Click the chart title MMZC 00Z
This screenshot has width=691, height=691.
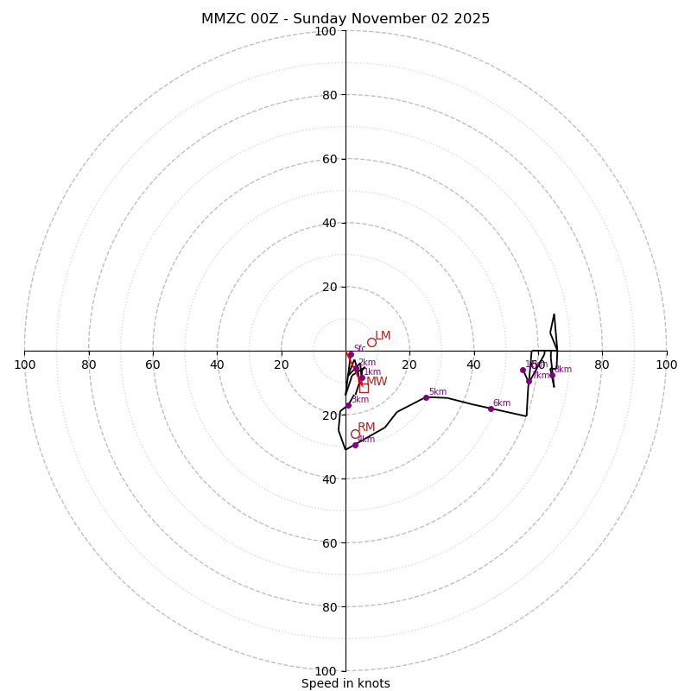pyautogui.click(x=345, y=19)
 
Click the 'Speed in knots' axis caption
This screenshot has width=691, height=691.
pyautogui.click(x=345, y=683)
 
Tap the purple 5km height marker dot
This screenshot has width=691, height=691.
pyautogui.click(x=426, y=397)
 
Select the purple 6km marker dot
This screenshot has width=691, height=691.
pyautogui.click(x=491, y=409)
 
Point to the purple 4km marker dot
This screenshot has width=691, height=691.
pyautogui.click(x=355, y=445)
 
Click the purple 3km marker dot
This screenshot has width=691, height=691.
pyautogui.click(x=348, y=406)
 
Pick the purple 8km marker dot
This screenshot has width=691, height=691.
pyautogui.click(x=552, y=375)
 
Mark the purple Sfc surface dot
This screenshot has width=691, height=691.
pyautogui.click(x=351, y=354)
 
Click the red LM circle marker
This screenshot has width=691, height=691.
pyautogui.click(x=371, y=342)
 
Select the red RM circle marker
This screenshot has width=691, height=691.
pyautogui.click(x=355, y=434)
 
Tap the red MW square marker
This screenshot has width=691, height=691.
pyautogui.click(x=364, y=388)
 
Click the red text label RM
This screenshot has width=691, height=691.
pyautogui.click(x=366, y=428)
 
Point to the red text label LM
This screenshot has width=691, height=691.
pyautogui.click(x=383, y=336)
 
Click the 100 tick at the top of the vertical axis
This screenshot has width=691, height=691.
pyautogui.click(x=326, y=31)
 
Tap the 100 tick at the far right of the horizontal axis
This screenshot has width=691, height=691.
pyautogui.click(x=666, y=365)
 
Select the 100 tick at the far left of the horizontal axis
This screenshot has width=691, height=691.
pyautogui.click(x=25, y=365)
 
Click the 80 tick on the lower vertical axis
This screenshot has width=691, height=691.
pyautogui.click(x=329, y=607)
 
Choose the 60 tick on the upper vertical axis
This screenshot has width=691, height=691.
pyautogui.click(x=329, y=159)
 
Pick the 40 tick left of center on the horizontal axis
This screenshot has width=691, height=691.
pyautogui.click(x=217, y=365)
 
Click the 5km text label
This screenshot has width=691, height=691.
pyautogui.click(x=437, y=392)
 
